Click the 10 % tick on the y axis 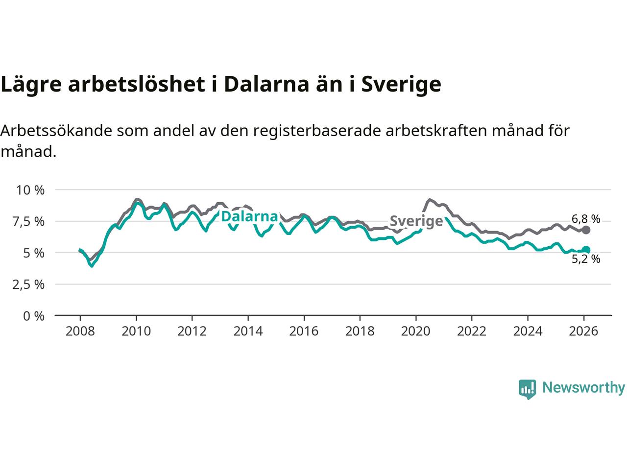click(30, 190)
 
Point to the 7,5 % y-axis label click(30, 221)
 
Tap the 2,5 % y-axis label click(30, 284)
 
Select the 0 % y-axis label click(34, 316)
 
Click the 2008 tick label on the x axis click(80, 331)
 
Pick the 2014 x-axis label click(248, 331)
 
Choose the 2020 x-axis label click(416, 331)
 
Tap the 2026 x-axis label click(584, 331)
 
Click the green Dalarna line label click(250, 216)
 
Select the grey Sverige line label click(416, 221)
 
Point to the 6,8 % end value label click(585, 219)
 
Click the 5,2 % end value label click(585, 259)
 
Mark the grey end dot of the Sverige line click(586, 230)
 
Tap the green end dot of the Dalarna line click(586, 250)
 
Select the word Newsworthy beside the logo click(583, 388)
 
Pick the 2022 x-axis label click(472, 331)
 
